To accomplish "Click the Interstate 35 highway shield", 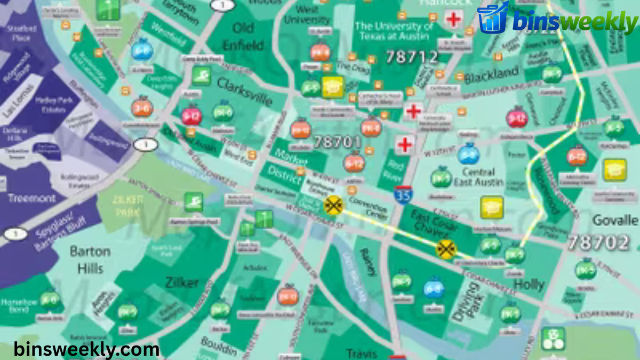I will [x=402, y=195].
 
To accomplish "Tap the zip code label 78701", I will [x=337, y=142].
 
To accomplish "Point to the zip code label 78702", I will [x=598, y=243].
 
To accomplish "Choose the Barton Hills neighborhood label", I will [x=90, y=259].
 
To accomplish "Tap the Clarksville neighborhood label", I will [x=245, y=91].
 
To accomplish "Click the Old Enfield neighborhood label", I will [x=243, y=36].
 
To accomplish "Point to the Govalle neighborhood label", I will [x=615, y=220].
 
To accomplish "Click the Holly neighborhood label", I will [x=529, y=284].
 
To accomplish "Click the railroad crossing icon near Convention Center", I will [x=334, y=204].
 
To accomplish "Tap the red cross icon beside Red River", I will [x=405, y=144].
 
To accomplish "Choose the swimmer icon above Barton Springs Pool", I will [x=194, y=202].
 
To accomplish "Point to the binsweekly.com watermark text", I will [x=86, y=349].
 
